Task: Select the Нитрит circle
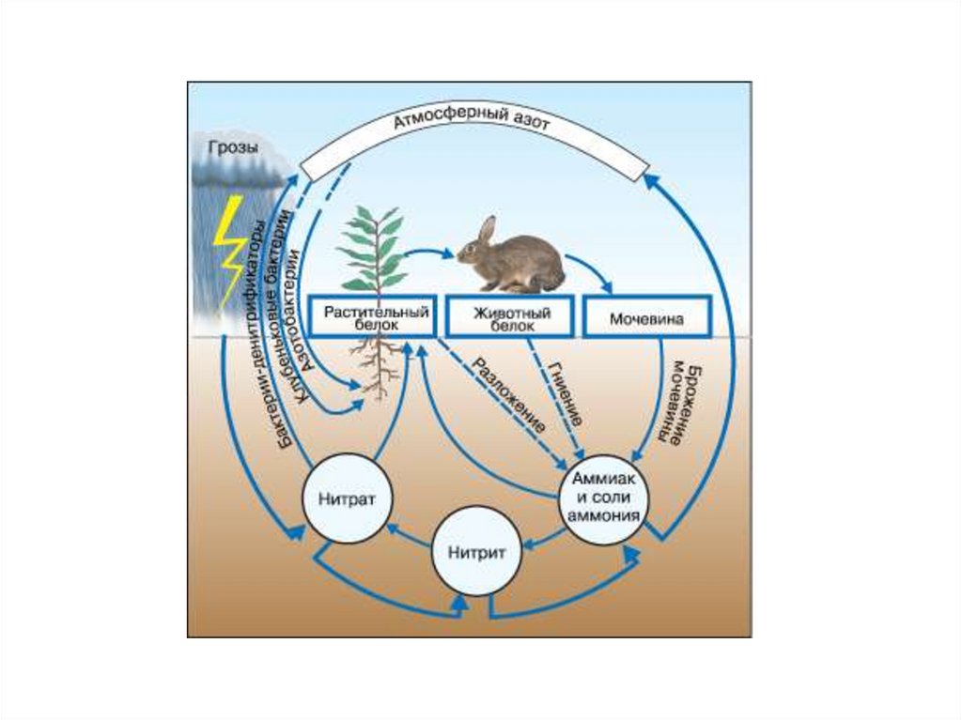click(x=475, y=552)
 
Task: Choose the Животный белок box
click(x=511, y=317)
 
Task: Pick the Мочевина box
click(x=646, y=318)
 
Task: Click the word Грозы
click(x=229, y=147)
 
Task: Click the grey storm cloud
click(x=235, y=169)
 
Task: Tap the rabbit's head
click(x=476, y=250)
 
